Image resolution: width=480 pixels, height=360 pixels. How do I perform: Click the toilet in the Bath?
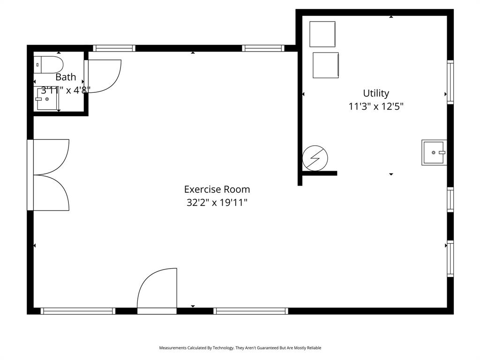(x=48, y=65)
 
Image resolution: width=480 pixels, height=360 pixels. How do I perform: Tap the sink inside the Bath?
(x=47, y=99)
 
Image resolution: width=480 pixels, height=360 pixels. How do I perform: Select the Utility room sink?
(x=434, y=152)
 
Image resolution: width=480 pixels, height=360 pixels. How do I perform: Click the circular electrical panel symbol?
(x=315, y=158)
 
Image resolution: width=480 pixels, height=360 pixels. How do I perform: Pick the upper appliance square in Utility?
(x=322, y=34)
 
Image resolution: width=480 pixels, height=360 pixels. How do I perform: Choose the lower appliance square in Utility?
(x=325, y=65)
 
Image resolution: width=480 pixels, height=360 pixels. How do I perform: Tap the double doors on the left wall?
(x=51, y=175)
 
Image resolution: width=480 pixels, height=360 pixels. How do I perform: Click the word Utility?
(x=376, y=93)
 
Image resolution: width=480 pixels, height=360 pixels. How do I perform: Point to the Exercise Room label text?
(x=217, y=189)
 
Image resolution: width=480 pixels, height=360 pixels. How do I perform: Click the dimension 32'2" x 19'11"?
(x=217, y=202)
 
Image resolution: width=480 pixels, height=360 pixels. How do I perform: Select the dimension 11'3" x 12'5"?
(x=376, y=106)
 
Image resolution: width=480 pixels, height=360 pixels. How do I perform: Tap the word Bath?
(x=66, y=77)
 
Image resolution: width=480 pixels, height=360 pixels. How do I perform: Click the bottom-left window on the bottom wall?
(x=78, y=311)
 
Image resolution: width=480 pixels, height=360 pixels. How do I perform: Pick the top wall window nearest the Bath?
(x=114, y=48)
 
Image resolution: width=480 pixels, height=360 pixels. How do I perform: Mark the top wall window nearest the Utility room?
(x=263, y=48)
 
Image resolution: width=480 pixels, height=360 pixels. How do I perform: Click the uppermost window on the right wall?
(x=450, y=82)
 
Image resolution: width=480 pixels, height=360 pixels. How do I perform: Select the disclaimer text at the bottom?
(x=240, y=348)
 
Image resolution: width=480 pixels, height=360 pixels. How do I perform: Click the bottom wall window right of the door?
(x=251, y=311)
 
